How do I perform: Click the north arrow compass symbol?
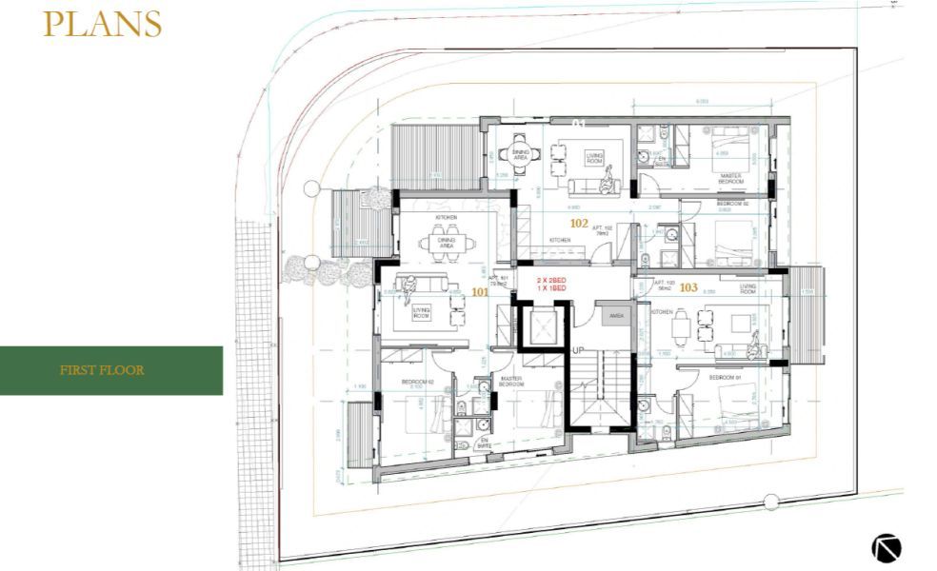pyautogui.click(x=885, y=547)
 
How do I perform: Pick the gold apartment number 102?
pyautogui.click(x=579, y=223)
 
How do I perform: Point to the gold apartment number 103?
pyautogui.click(x=688, y=286)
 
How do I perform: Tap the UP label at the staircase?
pyautogui.click(x=578, y=350)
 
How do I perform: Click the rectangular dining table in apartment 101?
pyautogui.click(x=448, y=244)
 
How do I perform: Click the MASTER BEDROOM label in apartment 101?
pyautogui.click(x=511, y=381)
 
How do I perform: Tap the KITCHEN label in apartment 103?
pyautogui.click(x=663, y=311)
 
